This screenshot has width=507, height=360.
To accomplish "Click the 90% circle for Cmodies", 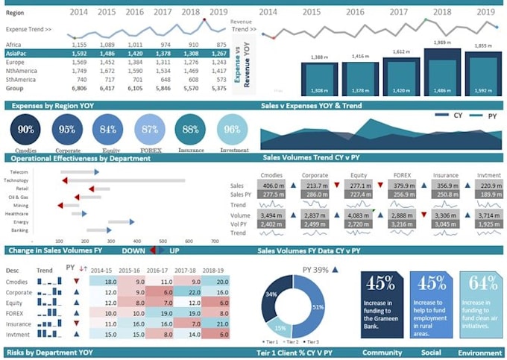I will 26,130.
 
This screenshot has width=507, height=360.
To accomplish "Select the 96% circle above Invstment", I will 232,130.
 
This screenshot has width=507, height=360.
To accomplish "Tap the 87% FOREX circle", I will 150,130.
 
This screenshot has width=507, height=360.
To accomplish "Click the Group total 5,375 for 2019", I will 218,87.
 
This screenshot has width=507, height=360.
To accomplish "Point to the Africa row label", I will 13,45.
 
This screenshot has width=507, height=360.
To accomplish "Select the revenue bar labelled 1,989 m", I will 441,72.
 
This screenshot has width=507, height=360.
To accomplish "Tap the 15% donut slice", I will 280,327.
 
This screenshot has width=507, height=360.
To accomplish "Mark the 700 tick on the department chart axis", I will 215,241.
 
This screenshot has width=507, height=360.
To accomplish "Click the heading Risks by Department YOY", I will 49,352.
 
